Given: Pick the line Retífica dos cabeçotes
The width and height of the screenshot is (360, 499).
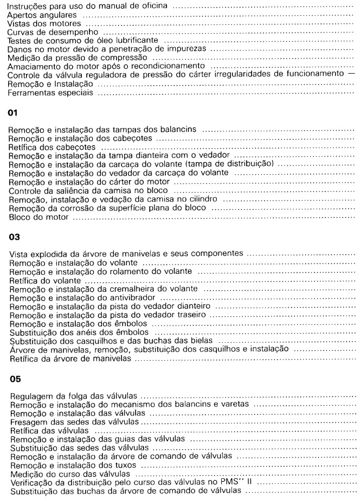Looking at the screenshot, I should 55,147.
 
